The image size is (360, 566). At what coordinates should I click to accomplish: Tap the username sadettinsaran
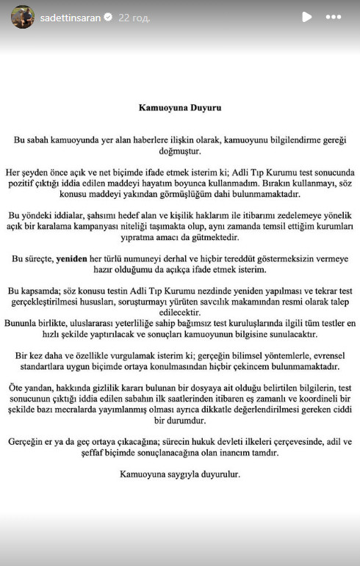click(x=70, y=17)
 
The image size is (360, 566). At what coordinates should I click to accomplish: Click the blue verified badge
click(x=109, y=17)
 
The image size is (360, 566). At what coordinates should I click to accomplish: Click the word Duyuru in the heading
click(x=203, y=107)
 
